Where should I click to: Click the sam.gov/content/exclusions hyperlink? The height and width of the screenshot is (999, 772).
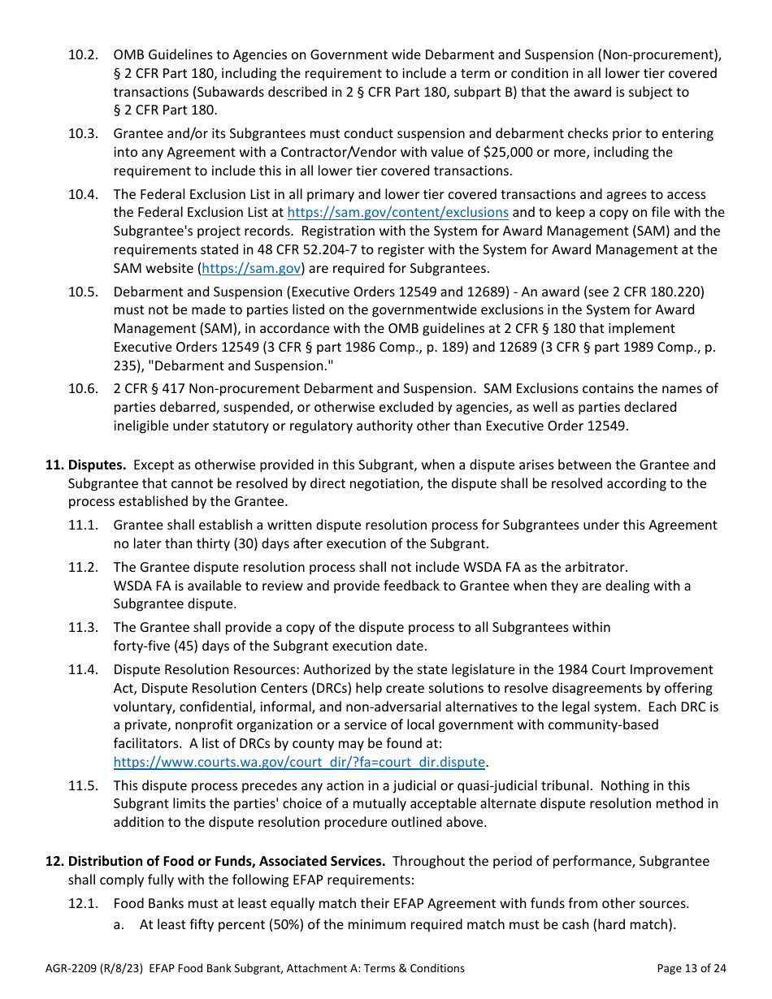pos(397,213)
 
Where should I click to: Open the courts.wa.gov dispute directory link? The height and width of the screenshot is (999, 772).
pos(300,762)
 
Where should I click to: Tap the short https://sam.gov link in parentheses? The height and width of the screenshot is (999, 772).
pos(251,268)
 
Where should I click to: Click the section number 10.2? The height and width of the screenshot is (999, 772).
pos(83,55)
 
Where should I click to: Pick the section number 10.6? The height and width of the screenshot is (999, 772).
pos(83,388)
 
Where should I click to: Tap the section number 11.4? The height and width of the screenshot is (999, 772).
pos(83,669)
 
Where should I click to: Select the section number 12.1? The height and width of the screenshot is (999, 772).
pos(83,903)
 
